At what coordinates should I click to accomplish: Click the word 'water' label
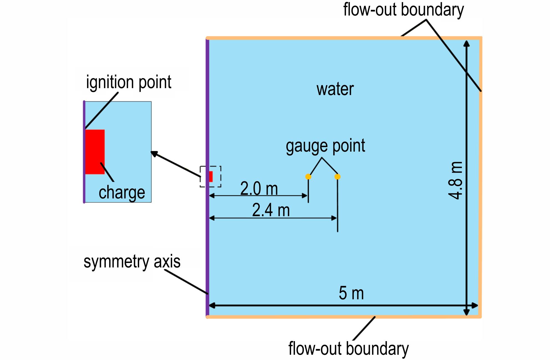click(335, 89)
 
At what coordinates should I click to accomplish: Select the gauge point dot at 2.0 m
click(308, 177)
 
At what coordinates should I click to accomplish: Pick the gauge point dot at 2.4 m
click(337, 177)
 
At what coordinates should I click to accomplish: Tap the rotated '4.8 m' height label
click(455, 180)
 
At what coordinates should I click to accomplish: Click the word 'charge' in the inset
click(122, 192)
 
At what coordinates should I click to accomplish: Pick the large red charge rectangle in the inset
click(95, 152)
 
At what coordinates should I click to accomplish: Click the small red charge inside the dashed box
click(211, 177)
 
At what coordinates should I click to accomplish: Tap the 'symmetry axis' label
click(132, 261)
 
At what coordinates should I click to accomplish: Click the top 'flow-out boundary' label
click(403, 10)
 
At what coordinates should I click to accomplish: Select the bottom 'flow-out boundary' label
click(348, 348)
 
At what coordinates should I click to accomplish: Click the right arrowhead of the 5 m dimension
click(475, 306)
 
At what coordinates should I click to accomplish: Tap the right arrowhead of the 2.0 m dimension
click(305, 196)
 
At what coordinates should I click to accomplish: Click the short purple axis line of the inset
click(84, 152)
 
